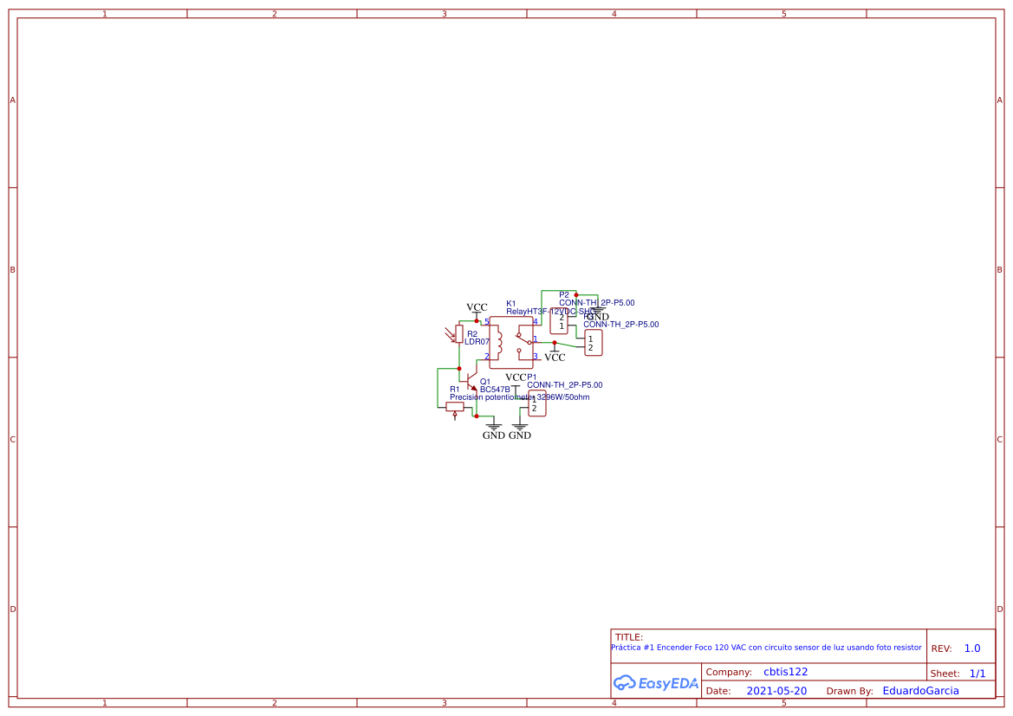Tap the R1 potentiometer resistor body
click(x=455, y=406)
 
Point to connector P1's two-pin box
click(x=537, y=403)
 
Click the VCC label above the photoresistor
click(x=477, y=307)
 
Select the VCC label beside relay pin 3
click(x=555, y=357)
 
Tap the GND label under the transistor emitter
click(x=493, y=435)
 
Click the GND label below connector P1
click(x=520, y=435)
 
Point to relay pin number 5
click(x=486, y=322)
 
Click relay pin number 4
click(x=536, y=322)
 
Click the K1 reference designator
click(x=510, y=304)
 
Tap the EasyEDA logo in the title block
click(x=656, y=683)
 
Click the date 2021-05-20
click(x=776, y=691)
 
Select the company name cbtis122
click(x=785, y=672)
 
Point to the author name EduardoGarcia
click(x=920, y=691)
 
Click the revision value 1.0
click(x=972, y=648)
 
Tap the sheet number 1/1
click(x=977, y=673)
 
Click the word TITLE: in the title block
click(x=629, y=637)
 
